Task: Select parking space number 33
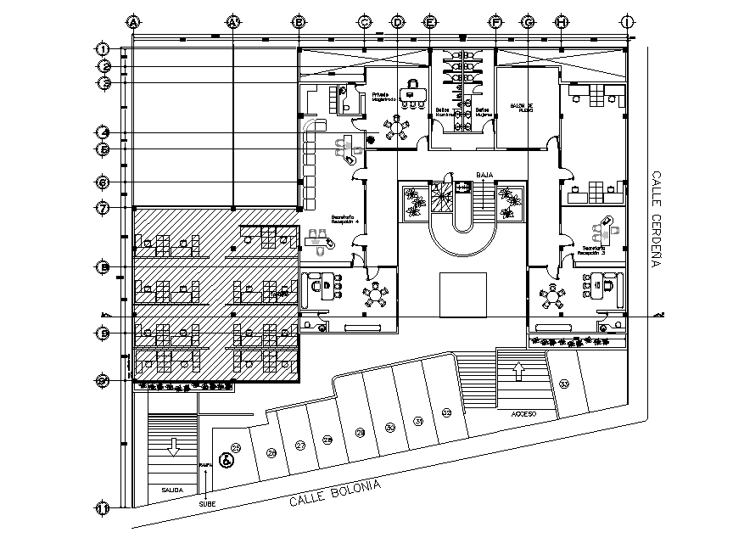(564, 384)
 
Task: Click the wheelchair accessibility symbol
(226, 461)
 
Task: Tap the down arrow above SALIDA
(173, 446)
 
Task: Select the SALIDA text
(172, 490)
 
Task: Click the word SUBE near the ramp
(207, 504)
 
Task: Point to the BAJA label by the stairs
(484, 175)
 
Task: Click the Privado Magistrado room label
(381, 97)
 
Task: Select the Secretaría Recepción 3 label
(592, 250)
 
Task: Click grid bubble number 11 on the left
(104, 508)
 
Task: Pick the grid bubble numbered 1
(104, 48)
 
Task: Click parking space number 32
(447, 413)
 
